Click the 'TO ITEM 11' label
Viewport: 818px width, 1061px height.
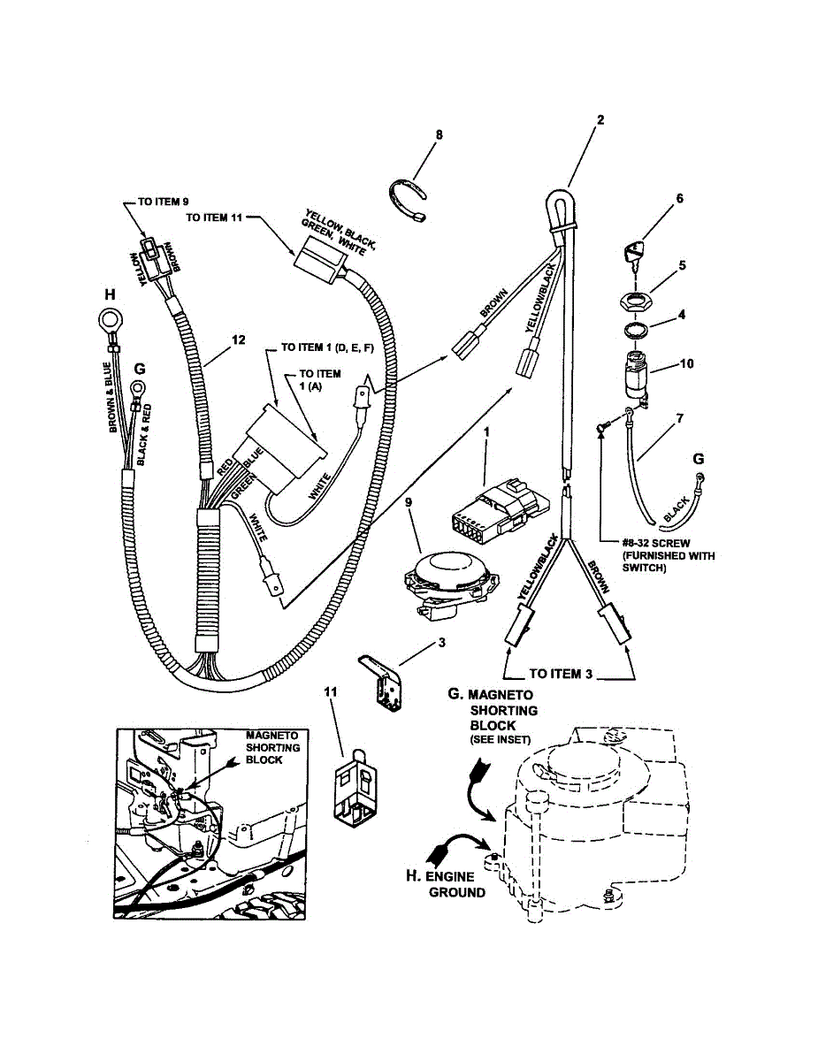[216, 216]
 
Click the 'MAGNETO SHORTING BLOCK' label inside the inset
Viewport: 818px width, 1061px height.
[272, 747]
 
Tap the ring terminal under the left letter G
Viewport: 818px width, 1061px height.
[137, 387]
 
